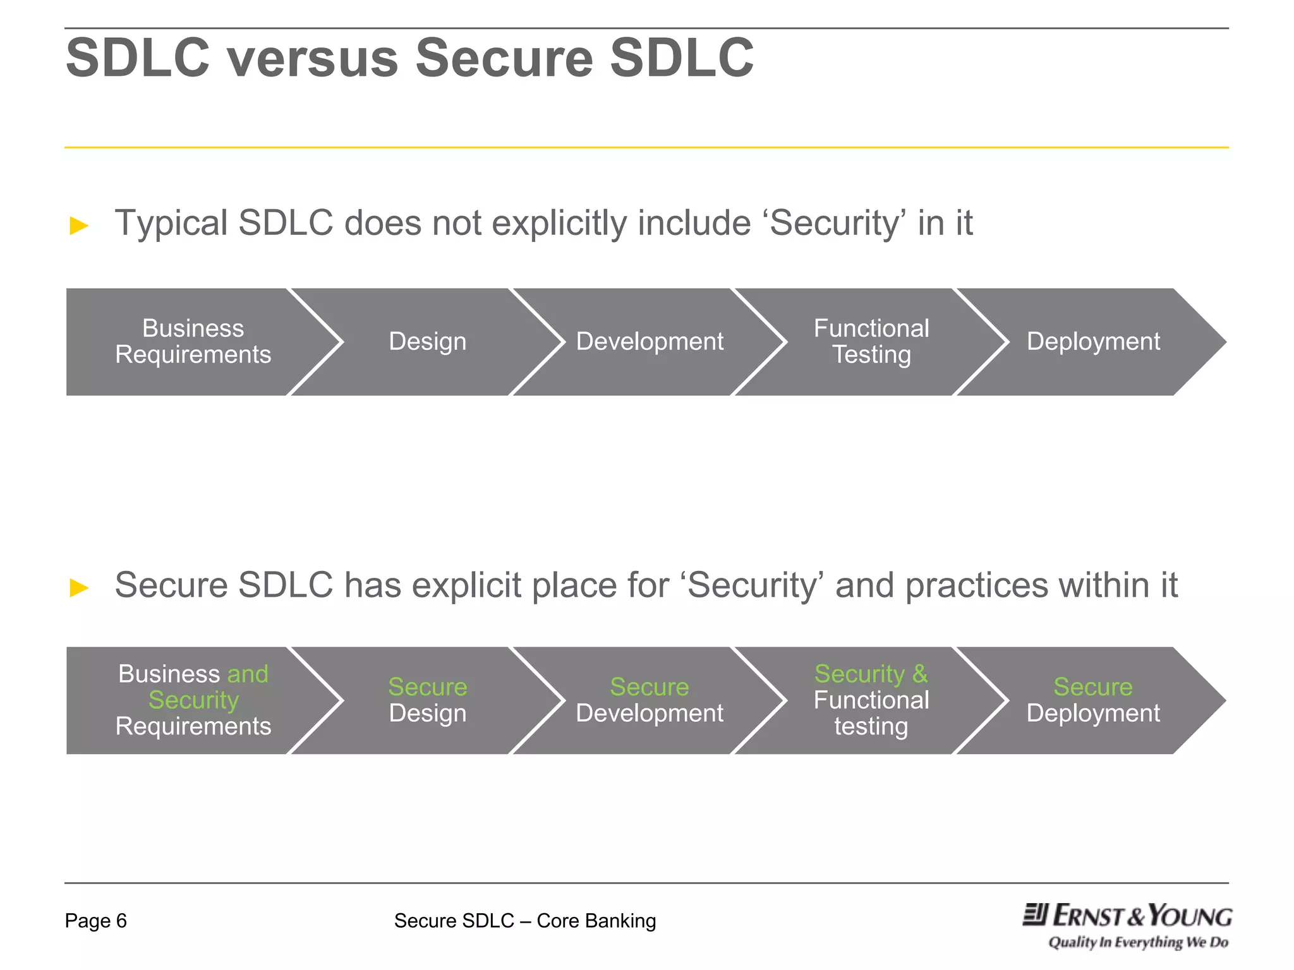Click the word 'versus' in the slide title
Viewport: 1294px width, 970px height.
tap(313, 58)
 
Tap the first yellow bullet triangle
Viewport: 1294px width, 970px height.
tap(79, 225)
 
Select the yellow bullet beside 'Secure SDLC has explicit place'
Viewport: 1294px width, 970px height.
tap(79, 588)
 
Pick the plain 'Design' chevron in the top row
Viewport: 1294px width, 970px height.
tap(428, 342)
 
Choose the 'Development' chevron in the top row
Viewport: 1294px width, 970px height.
tap(650, 342)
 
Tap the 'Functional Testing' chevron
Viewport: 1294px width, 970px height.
tap(871, 342)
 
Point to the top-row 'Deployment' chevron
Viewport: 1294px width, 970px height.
tap(1093, 342)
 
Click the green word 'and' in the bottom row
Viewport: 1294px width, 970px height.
tap(248, 674)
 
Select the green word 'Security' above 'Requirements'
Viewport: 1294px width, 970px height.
tap(193, 700)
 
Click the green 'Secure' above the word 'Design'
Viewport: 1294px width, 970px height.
tap(428, 686)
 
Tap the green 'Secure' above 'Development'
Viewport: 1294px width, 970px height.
tap(650, 686)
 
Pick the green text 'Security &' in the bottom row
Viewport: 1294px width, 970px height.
tap(871, 674)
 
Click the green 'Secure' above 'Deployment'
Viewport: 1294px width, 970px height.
tap(1093, 686)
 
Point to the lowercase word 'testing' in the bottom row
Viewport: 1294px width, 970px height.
tap(871, 726)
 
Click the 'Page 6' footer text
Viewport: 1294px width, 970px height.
tap(96, 921)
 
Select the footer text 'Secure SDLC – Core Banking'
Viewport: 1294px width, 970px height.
tap(525, 921)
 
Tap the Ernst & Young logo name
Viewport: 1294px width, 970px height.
tap(1128, 916)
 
